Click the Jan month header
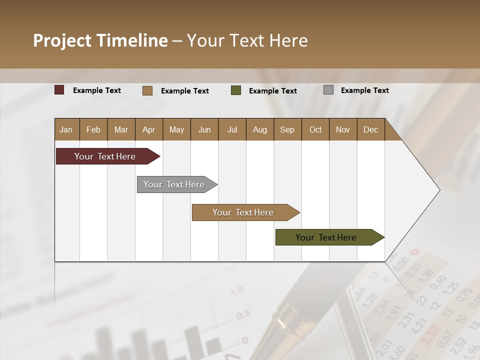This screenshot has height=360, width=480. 66,129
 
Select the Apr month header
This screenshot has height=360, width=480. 148,129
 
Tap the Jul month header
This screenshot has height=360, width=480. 232,129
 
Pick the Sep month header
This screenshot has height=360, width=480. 287,129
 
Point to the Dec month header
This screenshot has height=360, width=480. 370,129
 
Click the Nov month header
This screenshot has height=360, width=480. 342,129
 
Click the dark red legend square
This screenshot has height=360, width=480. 59,90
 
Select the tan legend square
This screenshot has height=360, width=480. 147,90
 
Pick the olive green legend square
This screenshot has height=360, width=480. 236,90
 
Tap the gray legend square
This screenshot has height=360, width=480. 328,90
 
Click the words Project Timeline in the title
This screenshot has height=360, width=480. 100,40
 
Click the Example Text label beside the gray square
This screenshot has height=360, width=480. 364,90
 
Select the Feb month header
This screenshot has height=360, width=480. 93,129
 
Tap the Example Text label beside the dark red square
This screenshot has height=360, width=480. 96,90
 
